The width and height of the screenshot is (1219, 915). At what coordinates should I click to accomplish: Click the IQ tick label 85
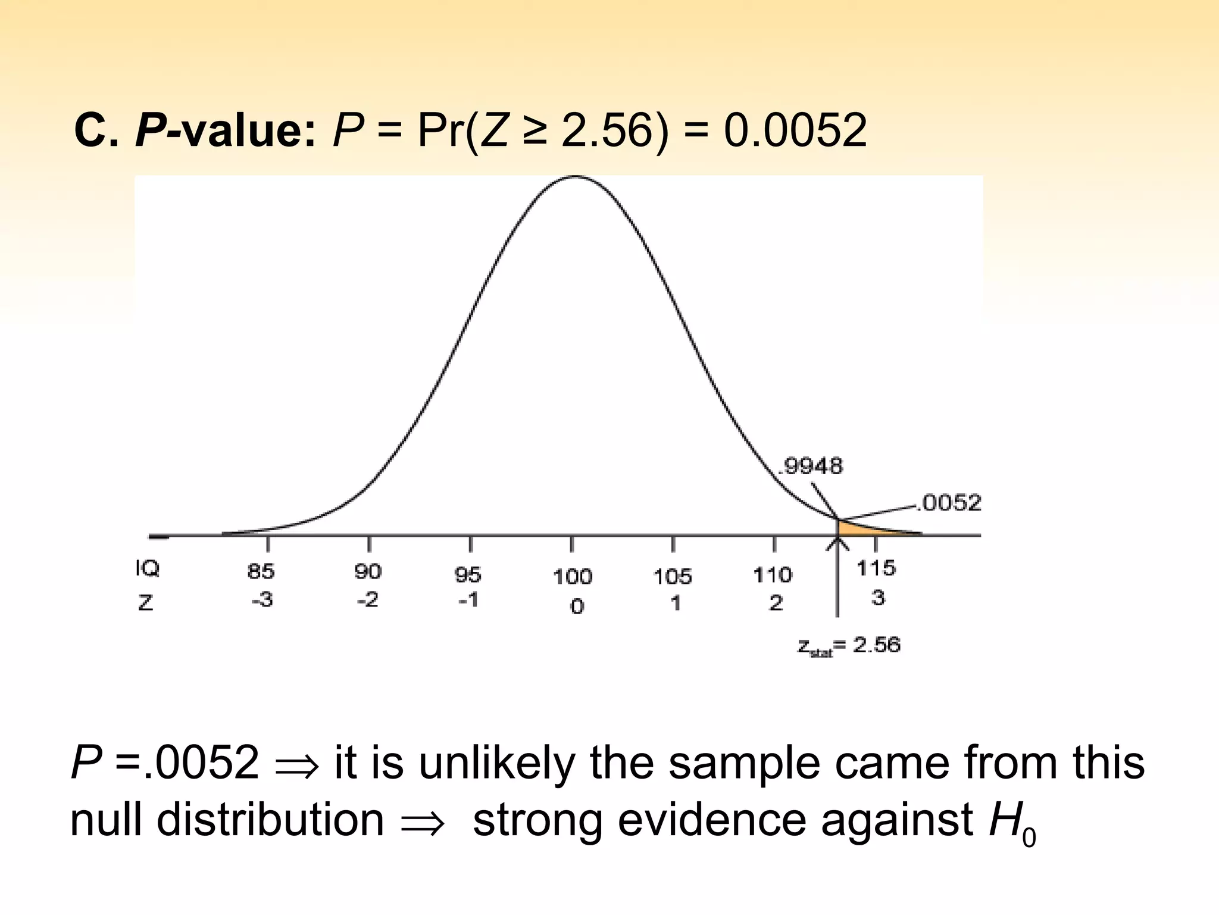(261, 571)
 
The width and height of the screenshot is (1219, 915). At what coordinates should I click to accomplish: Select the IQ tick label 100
(573, 577)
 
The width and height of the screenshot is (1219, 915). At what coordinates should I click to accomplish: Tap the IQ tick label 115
(876, 568)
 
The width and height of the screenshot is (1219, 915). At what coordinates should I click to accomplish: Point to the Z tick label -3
(262, 599)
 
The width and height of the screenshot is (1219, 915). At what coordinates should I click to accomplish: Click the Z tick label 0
(577, 606)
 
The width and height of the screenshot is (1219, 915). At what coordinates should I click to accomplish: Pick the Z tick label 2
(776, 603)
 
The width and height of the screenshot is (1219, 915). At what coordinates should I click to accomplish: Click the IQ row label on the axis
(147, 569)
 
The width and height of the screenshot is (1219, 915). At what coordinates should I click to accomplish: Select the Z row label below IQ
(146, 603)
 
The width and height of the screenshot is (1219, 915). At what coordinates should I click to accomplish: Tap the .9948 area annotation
(812, 466)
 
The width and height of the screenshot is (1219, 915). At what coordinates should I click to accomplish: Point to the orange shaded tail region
(857, 529)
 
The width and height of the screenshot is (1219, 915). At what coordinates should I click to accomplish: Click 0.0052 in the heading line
(795, 130)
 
